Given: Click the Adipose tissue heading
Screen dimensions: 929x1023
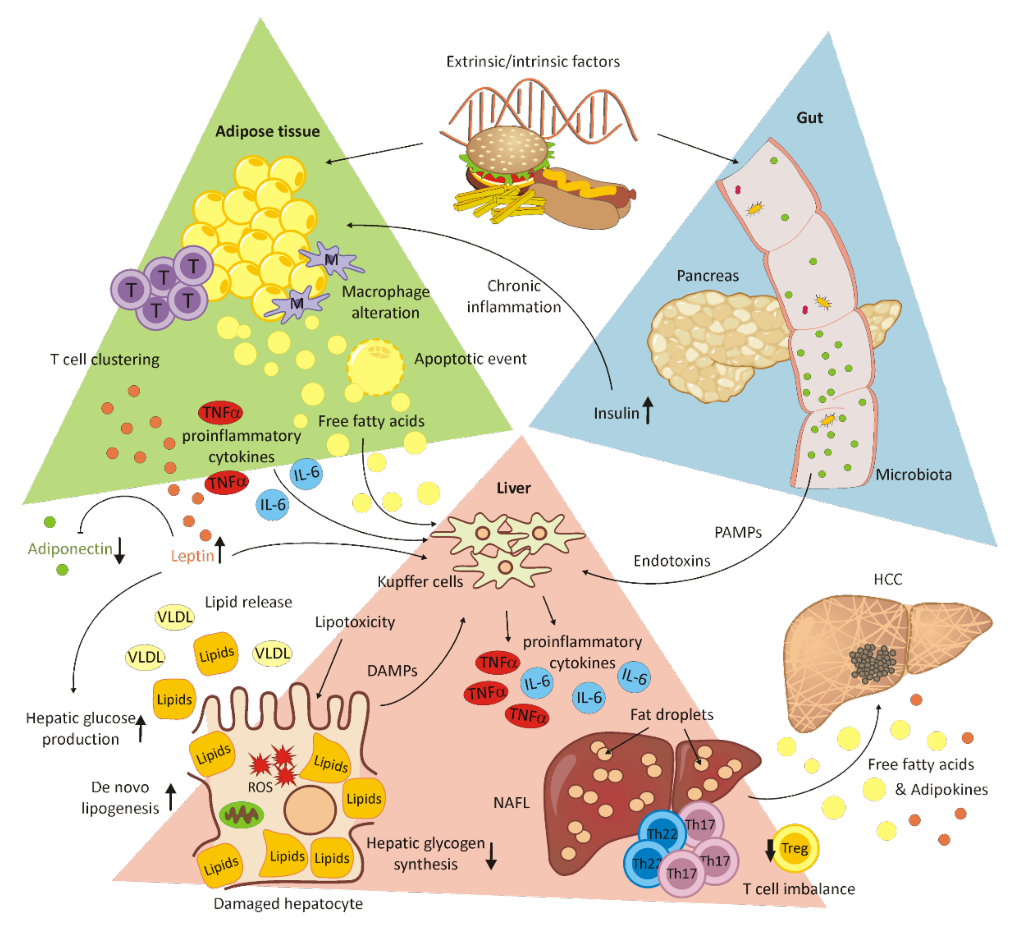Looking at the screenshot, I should click(x=267, y=131).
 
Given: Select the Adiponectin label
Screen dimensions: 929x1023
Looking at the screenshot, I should click(x=70, y=549).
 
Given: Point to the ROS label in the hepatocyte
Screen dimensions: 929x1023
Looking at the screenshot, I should click(x=260, y=787).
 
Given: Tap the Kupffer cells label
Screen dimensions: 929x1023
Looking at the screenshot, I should click(x=420, y=582).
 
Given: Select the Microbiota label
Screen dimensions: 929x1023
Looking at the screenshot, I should click(x=913, y=475).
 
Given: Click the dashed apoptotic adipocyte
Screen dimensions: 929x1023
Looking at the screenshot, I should click(x=376, y=367).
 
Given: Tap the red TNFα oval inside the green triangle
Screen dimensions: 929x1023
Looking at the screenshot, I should click(x=220, y=412).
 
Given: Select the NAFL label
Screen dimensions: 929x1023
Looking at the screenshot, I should click(x=511, y=802).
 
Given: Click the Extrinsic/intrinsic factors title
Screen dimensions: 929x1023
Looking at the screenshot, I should click(x=533, y=61).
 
